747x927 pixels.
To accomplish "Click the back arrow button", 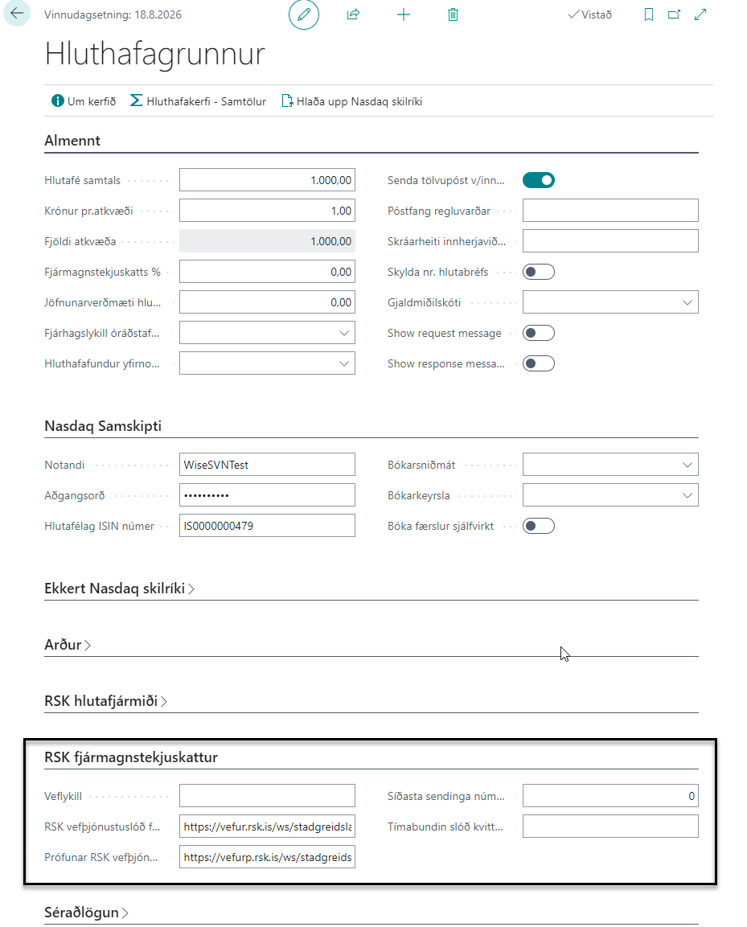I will [x=17, y=14].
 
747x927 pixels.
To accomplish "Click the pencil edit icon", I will [x=304, y=14].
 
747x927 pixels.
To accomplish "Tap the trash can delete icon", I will [x=454, y=14].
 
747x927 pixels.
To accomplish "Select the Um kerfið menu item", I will [x=84, y=101].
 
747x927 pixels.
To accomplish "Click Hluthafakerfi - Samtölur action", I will [x=198, y=101].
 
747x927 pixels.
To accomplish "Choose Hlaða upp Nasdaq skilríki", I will [x=351, y=101].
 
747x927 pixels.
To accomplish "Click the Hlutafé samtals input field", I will [x=267, y=180].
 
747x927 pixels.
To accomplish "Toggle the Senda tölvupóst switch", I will [x=539, y=180].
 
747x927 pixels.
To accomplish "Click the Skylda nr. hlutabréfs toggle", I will [x=539, y=272].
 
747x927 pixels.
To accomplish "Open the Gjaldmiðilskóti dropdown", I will [x=610, y=302].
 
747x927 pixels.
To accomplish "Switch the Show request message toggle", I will [x=539, y=333].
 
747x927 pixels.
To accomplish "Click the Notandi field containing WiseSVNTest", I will [x=267, y=465].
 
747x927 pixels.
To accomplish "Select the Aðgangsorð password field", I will [x=267, y=495].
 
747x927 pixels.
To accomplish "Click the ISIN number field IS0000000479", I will [x=267, y=526].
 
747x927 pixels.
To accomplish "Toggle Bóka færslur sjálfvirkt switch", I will [x=539, y=526].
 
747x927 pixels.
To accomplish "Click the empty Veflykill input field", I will [x=267, y=796].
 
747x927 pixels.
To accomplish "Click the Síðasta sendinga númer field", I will [x=610, y=796].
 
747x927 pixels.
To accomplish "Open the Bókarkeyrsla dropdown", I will [x=610, y=495].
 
